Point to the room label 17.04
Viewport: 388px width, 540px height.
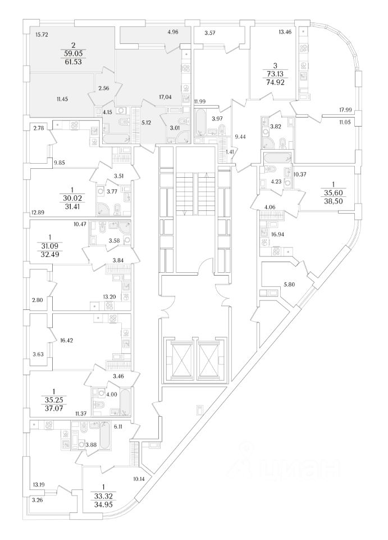(166, 97)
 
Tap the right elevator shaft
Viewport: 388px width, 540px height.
(212, 359)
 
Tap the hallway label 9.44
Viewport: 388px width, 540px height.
(240, 136)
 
